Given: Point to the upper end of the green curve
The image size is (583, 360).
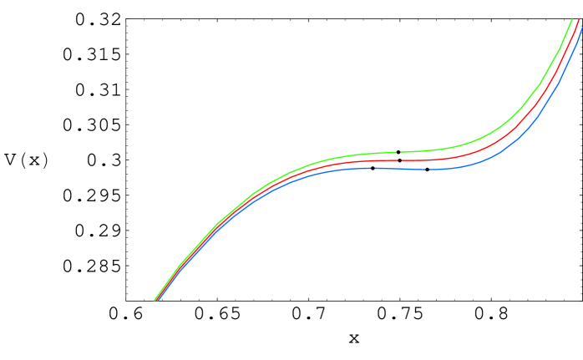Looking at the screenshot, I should (572, 19).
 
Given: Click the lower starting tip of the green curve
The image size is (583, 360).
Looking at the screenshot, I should (155, 299).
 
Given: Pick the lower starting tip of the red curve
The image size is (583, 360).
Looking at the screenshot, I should (156, 300).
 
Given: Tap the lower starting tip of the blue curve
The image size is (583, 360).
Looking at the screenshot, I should (159, 301).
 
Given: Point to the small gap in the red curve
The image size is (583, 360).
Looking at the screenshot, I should (399, 160).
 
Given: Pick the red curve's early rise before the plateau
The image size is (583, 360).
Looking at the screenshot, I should (217, 226).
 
